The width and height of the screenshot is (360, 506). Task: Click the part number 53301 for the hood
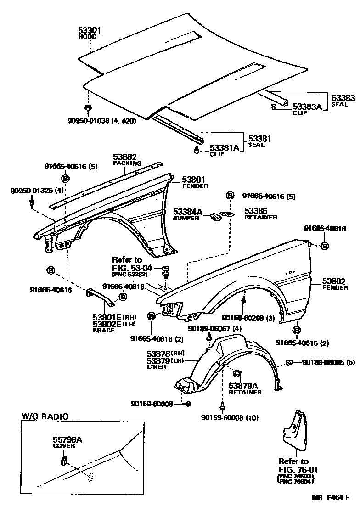[x=90, y=30]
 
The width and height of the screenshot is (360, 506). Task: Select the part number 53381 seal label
[x=260, y=138]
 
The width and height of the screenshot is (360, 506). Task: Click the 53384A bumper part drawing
[x=215, y=216]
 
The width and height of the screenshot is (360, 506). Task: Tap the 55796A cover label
[x=67, y=439]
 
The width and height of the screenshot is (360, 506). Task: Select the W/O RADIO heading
[x=45, y=417]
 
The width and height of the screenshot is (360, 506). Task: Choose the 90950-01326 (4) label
[x=31, y=190]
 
